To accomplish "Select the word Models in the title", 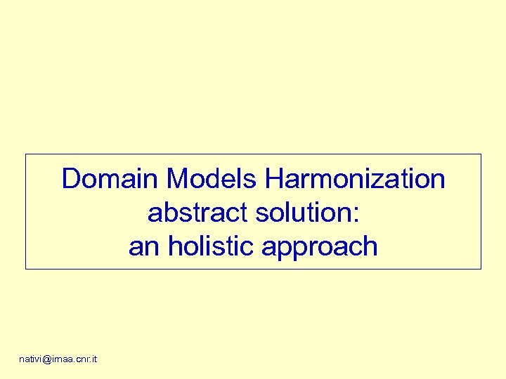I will [x=213, y=180].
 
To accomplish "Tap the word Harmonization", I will [x=356, y=180].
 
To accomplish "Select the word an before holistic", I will [x=142, y=247].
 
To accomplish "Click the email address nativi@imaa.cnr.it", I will [x=58, y=359].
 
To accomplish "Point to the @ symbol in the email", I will [x=47, y=359].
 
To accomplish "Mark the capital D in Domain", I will [x=70, y=180].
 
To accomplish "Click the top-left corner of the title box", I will [x=26, y=154].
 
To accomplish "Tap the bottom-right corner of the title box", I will [x=481, y=269].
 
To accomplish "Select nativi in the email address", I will [x=31, y=359].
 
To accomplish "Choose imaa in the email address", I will [x=62, y=359].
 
